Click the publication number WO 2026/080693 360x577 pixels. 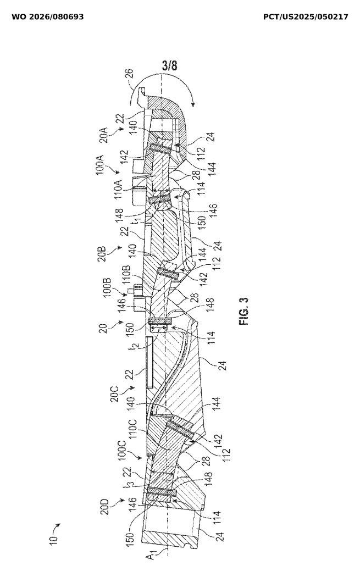[48, 17]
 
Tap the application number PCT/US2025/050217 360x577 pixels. [306, 17]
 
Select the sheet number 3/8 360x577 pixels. [170, 66]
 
